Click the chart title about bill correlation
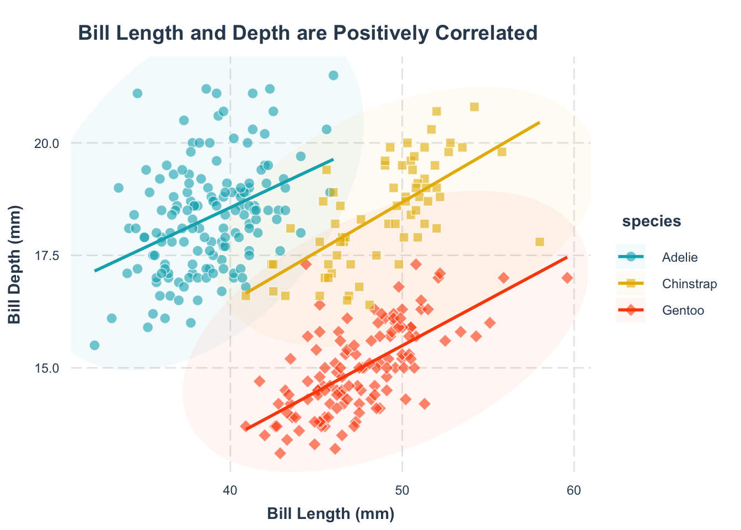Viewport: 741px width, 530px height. coord(308,33)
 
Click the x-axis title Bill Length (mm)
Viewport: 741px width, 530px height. coord(331,513)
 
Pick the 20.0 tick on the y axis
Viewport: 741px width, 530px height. coord(47,143)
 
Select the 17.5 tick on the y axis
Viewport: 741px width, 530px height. coord(47,256)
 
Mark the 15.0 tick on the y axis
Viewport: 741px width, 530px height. coord(47,368)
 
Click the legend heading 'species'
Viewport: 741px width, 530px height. coord(651,221)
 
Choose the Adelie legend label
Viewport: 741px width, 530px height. coord(680,257)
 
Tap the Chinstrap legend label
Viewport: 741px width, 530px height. coord(689,284)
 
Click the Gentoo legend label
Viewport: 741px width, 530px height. coord(683,310)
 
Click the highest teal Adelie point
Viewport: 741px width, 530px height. coord(333,76)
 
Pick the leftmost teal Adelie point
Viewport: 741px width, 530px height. coord(94,345)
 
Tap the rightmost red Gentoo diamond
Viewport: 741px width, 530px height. coord(567,278)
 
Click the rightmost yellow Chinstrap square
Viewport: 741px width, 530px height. coord(539,242)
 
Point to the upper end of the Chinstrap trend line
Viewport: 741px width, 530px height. coord(539,123)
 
